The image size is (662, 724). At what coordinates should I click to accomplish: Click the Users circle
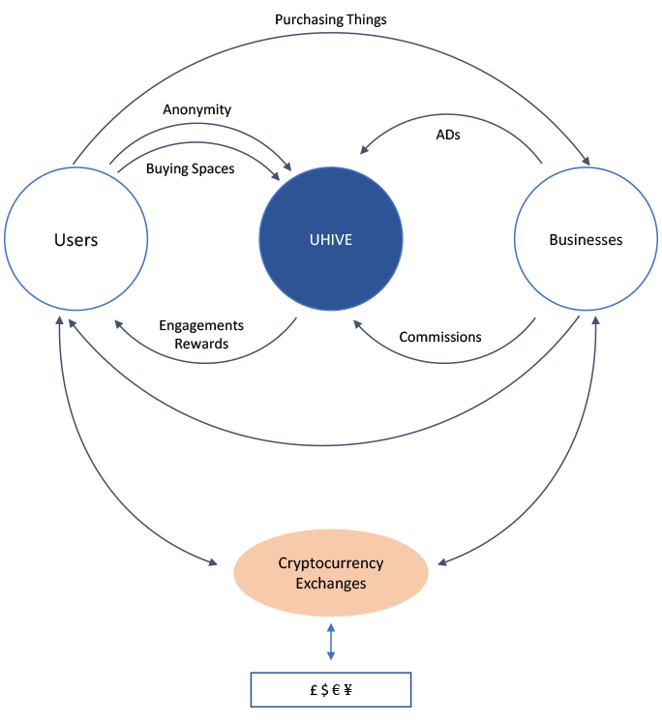75,239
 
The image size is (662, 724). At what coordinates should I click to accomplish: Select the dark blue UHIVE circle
331,239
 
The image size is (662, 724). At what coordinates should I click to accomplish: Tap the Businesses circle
586,239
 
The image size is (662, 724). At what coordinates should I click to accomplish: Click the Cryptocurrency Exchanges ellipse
331,573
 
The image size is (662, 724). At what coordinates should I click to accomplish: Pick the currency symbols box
331,689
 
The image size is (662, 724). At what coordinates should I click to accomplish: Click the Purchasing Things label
330,19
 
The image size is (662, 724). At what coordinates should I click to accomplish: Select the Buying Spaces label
190,168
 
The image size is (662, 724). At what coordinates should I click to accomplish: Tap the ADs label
447,136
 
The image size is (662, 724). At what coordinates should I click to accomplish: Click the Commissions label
440,337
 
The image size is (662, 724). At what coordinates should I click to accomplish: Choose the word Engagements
201,325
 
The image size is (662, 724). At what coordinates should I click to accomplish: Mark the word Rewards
201,344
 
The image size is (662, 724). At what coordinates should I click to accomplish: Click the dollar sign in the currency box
323,690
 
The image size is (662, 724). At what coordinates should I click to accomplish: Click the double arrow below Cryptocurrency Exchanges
331,643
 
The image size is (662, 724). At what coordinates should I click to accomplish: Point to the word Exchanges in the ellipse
331,584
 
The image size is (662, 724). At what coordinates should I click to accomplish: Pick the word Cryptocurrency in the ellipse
331,563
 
